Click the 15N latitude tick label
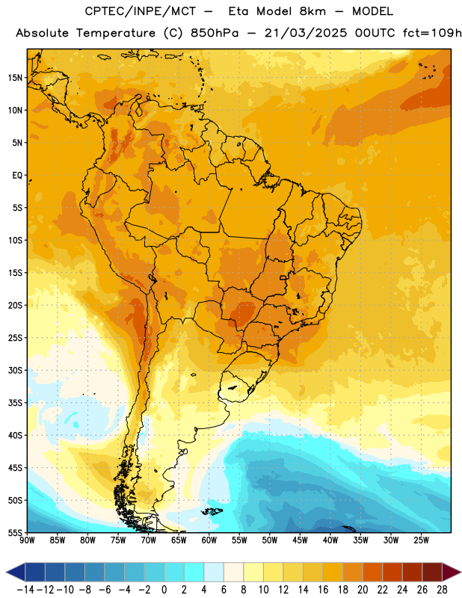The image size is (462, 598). click(15, 78)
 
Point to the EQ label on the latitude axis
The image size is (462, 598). click(17, 176)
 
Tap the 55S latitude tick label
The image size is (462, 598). click(15, 532)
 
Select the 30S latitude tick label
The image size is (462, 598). click(15, 370)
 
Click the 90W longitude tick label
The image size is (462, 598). click(27, 540)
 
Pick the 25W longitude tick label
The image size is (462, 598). click(421, 540)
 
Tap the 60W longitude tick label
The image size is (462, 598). click(209, 540)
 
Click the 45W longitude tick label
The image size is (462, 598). click(300, 540)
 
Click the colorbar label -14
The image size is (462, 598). click(25, 590)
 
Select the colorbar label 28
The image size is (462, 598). click(442, 590)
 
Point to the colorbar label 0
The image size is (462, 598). click(164, 590)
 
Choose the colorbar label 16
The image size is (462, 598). click(323, 590)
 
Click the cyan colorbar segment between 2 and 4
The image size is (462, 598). click(194, 572)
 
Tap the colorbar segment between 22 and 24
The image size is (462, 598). click(392, 572)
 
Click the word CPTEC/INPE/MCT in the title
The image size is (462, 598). click(140, 11)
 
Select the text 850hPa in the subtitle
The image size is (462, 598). click(215, 33)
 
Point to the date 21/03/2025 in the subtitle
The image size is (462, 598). click(306, 33)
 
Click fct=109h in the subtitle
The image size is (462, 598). click(432, 33)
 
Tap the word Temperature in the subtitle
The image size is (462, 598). click(116, 34)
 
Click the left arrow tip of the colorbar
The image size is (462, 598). click(6, 572)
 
